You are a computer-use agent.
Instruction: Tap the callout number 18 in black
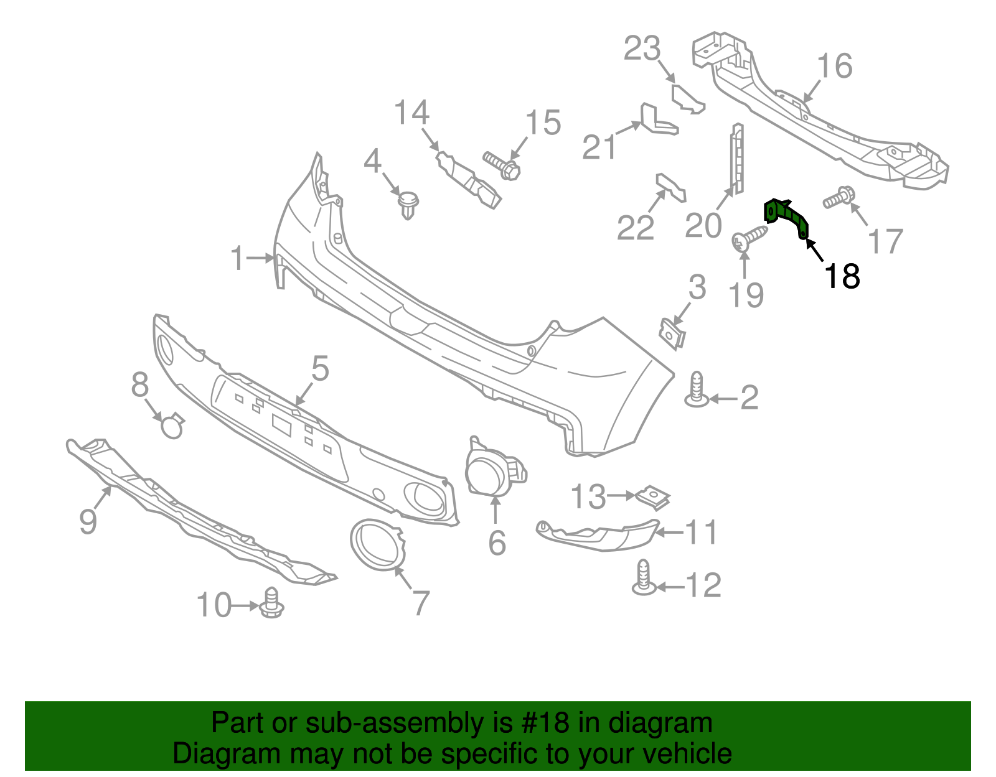(842, 276)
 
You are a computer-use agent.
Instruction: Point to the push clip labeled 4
(408, 205)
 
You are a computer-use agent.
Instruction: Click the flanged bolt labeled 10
(272, 603)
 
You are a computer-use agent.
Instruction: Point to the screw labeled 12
(644, 579)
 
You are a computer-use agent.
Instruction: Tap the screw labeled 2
(697, 390)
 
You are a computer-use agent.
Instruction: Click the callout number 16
(834, 66)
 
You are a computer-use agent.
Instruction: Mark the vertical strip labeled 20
(736, 159)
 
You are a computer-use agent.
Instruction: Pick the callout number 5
(320, 369)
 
